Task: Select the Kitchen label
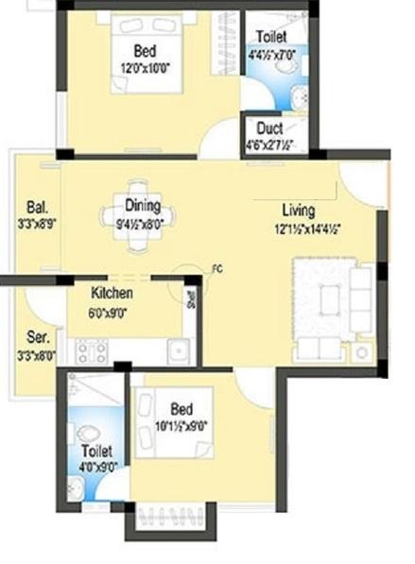pos(112,293)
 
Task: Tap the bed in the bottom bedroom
pos(170,421)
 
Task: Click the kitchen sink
pos(178,350)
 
